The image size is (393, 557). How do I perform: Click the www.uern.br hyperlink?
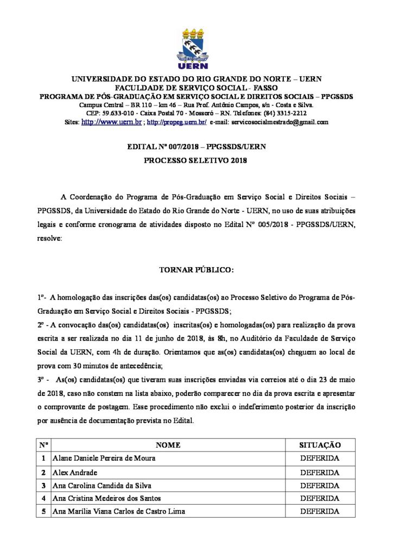(x=111, y=122)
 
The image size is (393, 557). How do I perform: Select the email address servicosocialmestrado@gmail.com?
(x=279, y=122)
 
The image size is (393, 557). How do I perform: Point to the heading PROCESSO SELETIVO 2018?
(x=196, y=161)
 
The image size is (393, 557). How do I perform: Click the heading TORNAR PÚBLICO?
(x=196, y=269)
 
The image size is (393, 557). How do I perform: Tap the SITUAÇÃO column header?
(x=320, y=445)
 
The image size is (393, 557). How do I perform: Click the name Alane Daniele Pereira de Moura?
(x=104, y=459)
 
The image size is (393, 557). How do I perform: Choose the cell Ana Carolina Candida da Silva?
(x=102, y=485)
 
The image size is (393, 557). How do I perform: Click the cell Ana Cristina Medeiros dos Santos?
(x=106, y=498)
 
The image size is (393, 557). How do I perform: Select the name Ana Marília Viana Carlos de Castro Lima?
(x=118, y=511)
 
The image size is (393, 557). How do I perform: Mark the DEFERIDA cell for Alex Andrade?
(x=320, y=472)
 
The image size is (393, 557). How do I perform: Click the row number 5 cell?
(x=43, y=511)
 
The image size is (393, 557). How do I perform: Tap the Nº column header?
(x=43, y=445)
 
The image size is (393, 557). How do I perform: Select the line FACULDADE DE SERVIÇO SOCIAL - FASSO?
(x=196, y=88)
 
